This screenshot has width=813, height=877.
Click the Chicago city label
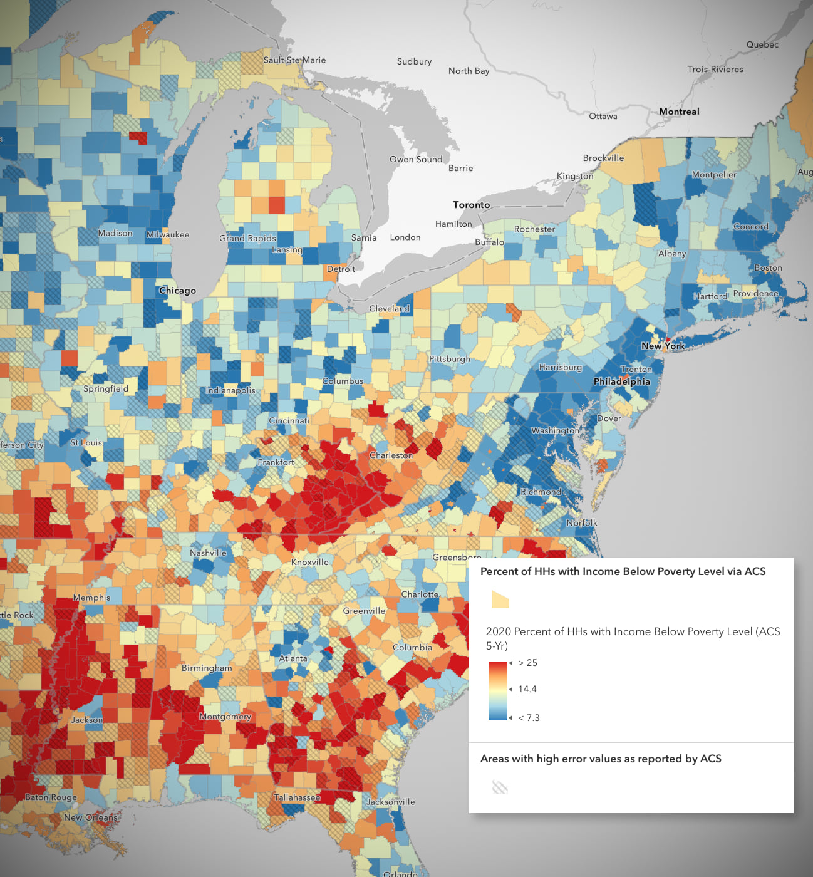177,291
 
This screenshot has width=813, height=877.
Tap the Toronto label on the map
471,205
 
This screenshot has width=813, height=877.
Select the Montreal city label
679,112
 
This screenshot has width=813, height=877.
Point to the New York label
663,346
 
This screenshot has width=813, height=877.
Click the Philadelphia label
621,381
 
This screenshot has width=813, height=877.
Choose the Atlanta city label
293,658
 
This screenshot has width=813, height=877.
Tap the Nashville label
208,553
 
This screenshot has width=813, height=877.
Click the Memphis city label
91,598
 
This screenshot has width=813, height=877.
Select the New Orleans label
90,817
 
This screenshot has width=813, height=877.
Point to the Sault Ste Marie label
294,60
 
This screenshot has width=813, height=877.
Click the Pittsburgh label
449,359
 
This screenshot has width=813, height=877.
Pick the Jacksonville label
390,802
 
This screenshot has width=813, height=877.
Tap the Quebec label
762,44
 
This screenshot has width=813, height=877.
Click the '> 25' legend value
527,663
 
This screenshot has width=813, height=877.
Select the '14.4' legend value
527,689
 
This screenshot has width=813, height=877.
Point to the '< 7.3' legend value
529,718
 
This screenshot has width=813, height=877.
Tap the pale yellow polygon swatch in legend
500,599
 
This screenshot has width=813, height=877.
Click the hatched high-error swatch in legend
499,787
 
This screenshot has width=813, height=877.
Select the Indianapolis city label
230,390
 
